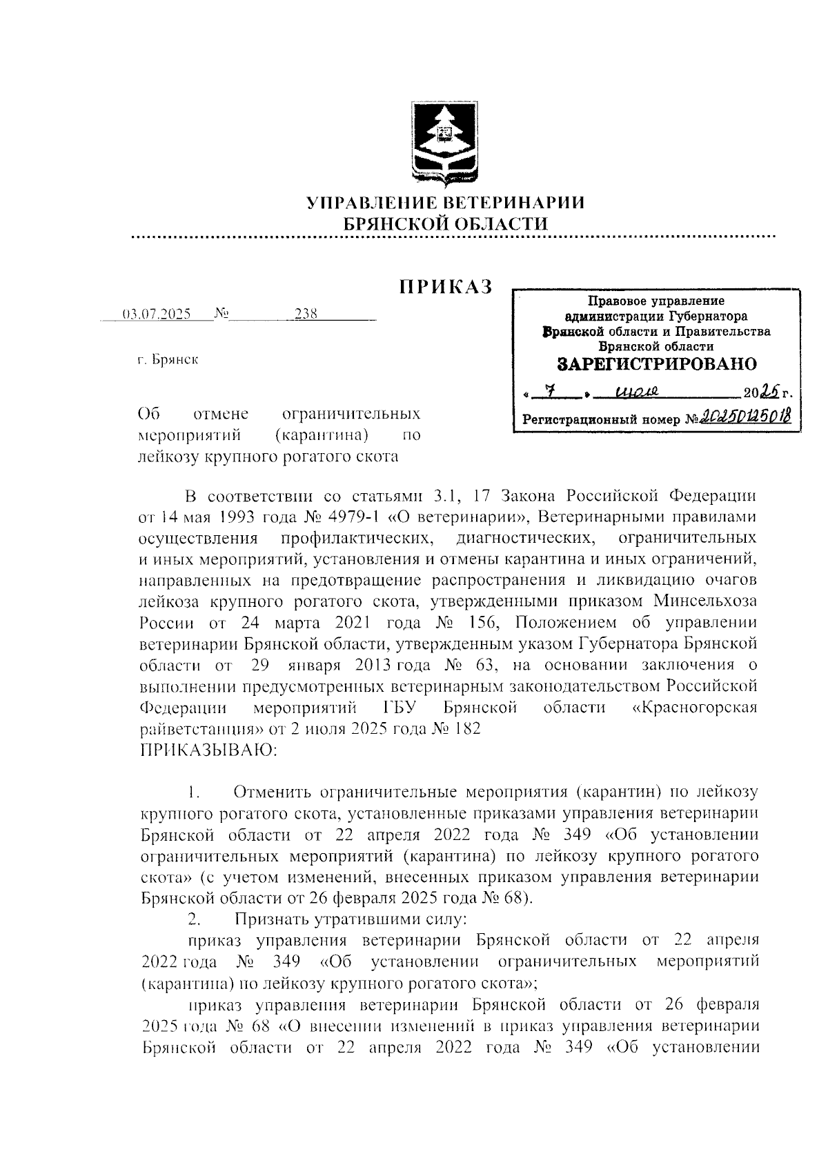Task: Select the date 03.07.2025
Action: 156,314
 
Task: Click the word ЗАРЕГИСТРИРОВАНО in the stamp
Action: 656,364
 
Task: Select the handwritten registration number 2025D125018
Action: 747,417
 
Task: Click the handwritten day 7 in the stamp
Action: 550,392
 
